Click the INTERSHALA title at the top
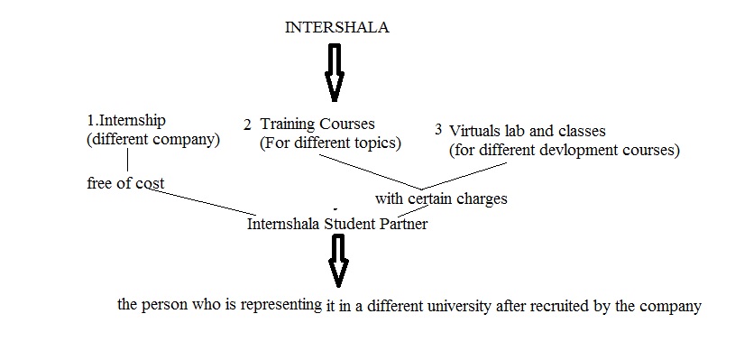336,27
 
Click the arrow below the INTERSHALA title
335,72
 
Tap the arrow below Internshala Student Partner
338,262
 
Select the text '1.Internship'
126,120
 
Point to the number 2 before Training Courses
247,124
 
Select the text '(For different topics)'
330,143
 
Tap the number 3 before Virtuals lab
438,130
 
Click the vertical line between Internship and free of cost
129,160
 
